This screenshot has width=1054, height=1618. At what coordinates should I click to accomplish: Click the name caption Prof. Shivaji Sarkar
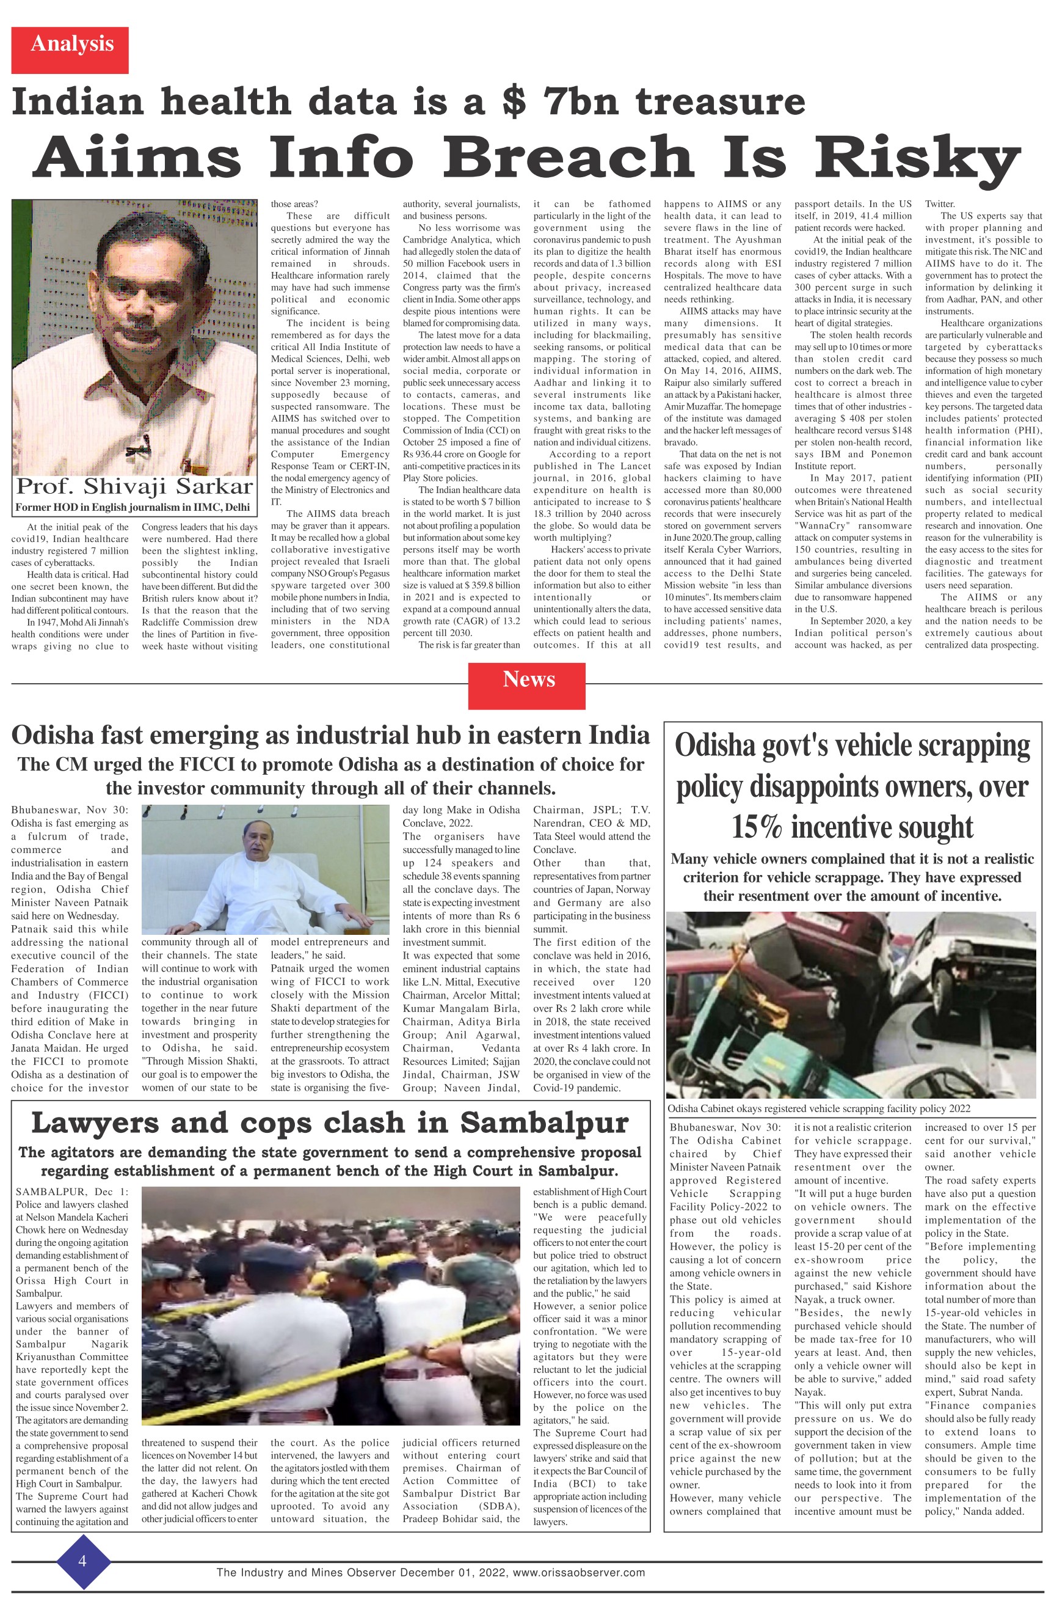(x=134, y=487)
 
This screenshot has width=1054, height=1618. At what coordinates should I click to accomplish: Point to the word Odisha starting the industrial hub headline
(x=59, y=736)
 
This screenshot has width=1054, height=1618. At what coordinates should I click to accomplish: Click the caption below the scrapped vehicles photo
(x=818, y=1109)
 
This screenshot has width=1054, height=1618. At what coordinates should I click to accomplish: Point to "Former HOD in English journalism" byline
(x=133, y=507)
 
